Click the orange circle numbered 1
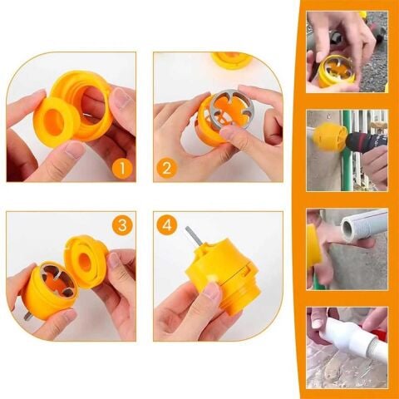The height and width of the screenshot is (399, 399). [x=123, y=170]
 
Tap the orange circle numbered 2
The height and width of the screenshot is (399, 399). [x=165, y=170]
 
